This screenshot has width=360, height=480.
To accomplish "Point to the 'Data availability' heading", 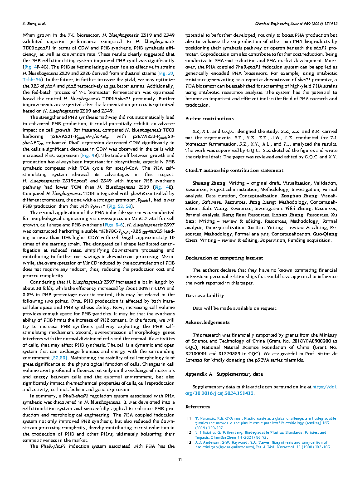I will (204, 296).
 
